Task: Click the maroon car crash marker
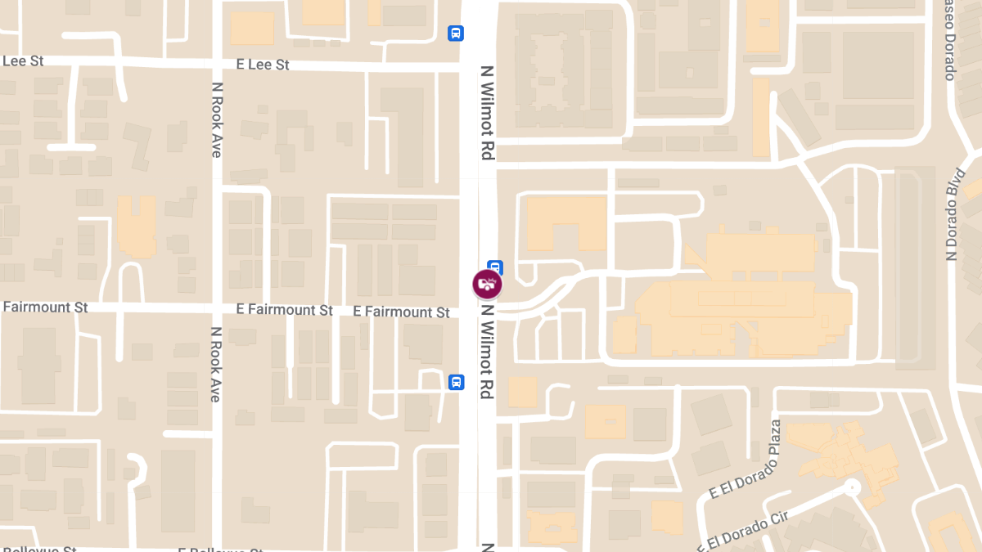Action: [x=487, y=285]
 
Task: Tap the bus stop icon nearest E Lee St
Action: [x=456, y=34]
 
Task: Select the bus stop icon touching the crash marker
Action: [x=495, y=266]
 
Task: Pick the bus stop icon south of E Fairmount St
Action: [x=456, y=382]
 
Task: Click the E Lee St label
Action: [x=263, y=65]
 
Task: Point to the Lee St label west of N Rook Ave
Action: [x=23, y=61]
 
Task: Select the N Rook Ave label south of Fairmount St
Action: [x=216, y=365]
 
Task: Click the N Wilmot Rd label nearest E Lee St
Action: [x=488, y=112]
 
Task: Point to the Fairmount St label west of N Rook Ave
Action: [x=45, y=307]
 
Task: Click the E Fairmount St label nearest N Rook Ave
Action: [x=284, y=310]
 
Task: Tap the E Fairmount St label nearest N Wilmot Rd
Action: [x=401, y=312]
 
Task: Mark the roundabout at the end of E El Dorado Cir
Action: [x=853, y=487]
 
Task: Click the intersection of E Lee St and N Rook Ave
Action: [x=217, y=64]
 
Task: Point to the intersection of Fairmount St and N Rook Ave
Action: [x=217, y=308]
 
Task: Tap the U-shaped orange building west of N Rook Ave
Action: [x=137, y=226]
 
